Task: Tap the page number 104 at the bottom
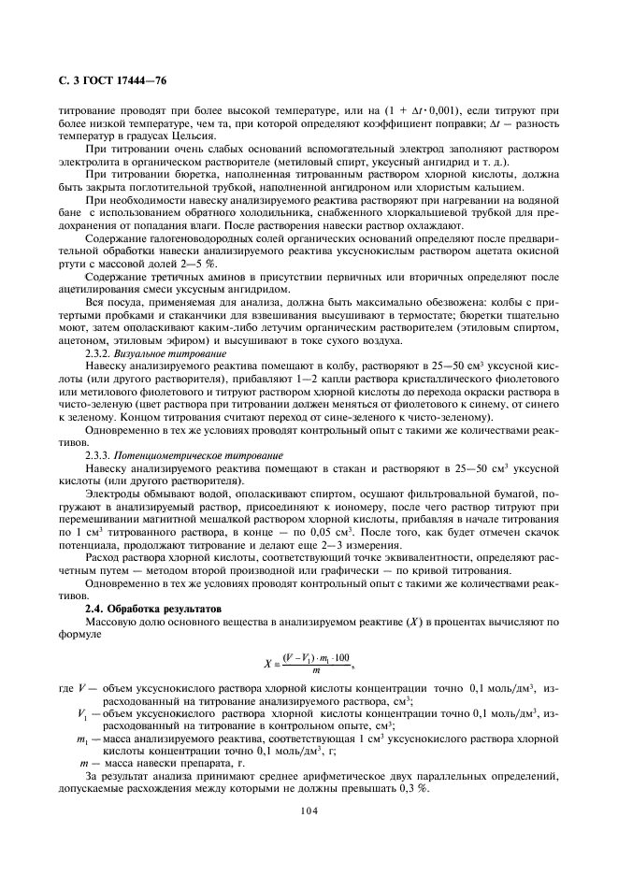tap(309, 811)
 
